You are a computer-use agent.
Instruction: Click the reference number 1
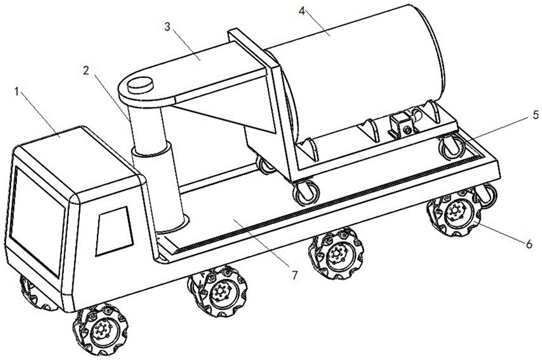pos(18,92)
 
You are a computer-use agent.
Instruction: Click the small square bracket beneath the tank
pos(402,126)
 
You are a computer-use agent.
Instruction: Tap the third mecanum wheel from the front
pos(337,253)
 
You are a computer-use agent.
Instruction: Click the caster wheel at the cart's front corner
pos(303,192)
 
